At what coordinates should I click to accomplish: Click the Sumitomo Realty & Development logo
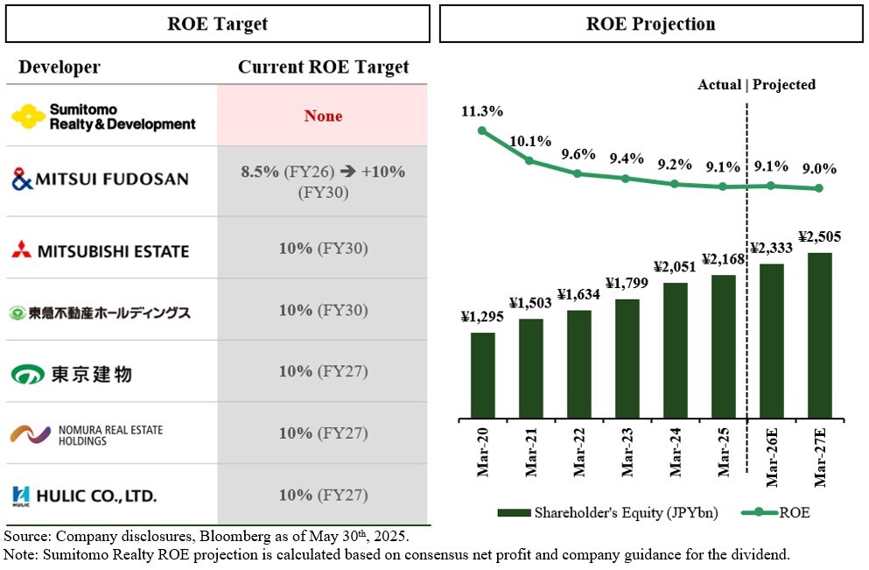pyautogui.click(x=103, y=116)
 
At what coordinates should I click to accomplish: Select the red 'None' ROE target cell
pyautogui.click(x=323, y=116)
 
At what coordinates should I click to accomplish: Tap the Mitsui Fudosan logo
pyautogui.click(x=100, y=179)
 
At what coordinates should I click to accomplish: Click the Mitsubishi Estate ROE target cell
pyautogui.click(x=323, y=249)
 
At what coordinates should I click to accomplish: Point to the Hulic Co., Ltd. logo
pyautogui.click(x=85, y=496)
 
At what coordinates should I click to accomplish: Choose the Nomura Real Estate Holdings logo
pyautogui.click(x=87, y=434)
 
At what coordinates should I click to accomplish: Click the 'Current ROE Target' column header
pyautogui.click(x=323, y=67)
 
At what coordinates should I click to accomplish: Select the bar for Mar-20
pyautogui.click(x=482, y=375)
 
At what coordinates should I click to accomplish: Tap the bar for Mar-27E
pyautogui.click(x=819, y=335)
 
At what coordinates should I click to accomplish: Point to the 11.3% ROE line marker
pyautogui.click(x=482, y=130)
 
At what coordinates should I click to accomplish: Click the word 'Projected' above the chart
pyautogui.click(x=784, y=85)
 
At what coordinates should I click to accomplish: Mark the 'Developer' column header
pyautogui.click(x=60, y=67)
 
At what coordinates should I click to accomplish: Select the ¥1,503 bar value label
pyautogui.click(x=529, y=303)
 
